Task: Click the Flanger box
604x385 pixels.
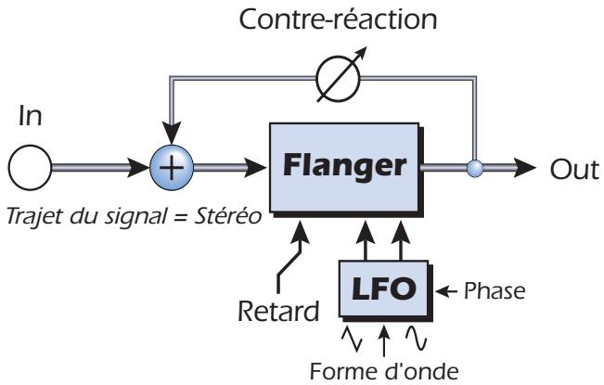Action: tap(344, 167)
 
